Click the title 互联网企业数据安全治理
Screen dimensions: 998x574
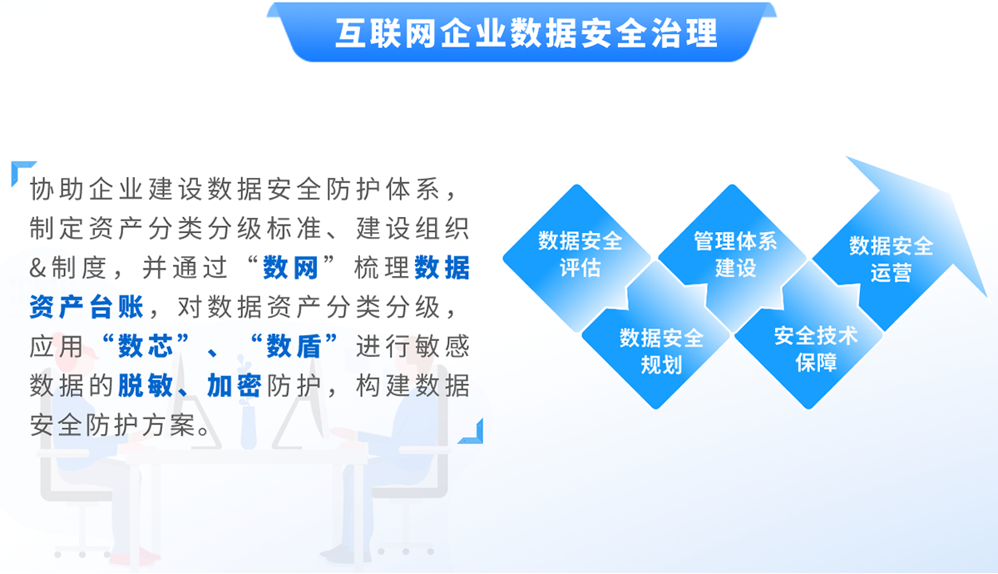(x=526, y=33)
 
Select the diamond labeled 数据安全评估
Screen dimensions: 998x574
(x=577, y=258)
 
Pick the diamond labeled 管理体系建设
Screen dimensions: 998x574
(x=733, y=258)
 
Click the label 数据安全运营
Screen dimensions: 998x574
(x=891, y=259)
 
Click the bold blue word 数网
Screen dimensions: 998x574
(x=290, y=268)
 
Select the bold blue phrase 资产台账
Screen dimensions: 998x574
(x=86, y=307)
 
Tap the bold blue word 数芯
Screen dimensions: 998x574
(x=146, y=346)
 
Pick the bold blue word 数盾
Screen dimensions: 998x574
(x=294, y=346)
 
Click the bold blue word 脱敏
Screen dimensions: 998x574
(x=146, y=385)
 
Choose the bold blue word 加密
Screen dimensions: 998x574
(x=235, y=385)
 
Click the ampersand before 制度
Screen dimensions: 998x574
(x=38, y=268)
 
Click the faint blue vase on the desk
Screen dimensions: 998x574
(x=248, y=426)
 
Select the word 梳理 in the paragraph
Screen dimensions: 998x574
(x=382, y=268)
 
